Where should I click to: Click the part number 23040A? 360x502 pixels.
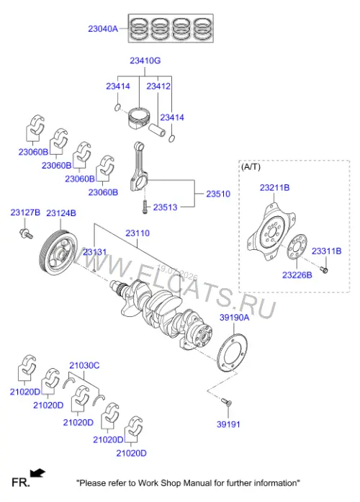coord(103,29)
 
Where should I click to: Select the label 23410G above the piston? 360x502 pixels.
coord(145,60)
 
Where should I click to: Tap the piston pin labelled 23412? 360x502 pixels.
coord(157,130)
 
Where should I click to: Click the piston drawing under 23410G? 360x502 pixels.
coord(139,118)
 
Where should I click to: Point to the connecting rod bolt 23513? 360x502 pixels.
coord(145,207)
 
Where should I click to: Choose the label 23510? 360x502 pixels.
coord(218,194)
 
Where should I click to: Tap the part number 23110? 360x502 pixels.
coord(138,233)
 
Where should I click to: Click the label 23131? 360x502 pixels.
coord(94,252)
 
